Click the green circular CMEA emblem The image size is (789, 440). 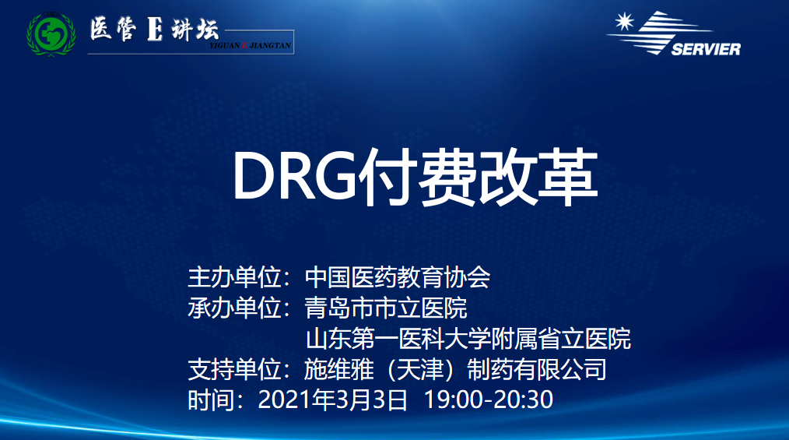51,34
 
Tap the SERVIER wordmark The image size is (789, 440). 706,49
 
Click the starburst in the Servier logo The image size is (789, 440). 625,22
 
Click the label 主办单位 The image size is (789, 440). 234,277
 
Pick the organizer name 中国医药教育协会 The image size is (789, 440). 397,277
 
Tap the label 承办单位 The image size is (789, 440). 234,308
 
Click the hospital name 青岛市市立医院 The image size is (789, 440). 385,308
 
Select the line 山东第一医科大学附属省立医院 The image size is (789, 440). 468,338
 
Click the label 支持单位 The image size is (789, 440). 234,369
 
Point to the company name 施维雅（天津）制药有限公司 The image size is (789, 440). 455,369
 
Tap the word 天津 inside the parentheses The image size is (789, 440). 420,369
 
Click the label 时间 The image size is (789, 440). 212,400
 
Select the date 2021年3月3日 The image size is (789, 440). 332,400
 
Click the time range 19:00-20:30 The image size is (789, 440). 489,400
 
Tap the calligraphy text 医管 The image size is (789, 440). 114,29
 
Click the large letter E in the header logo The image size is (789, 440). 155,29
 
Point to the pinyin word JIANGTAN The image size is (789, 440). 270,45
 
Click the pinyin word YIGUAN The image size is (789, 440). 225,45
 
